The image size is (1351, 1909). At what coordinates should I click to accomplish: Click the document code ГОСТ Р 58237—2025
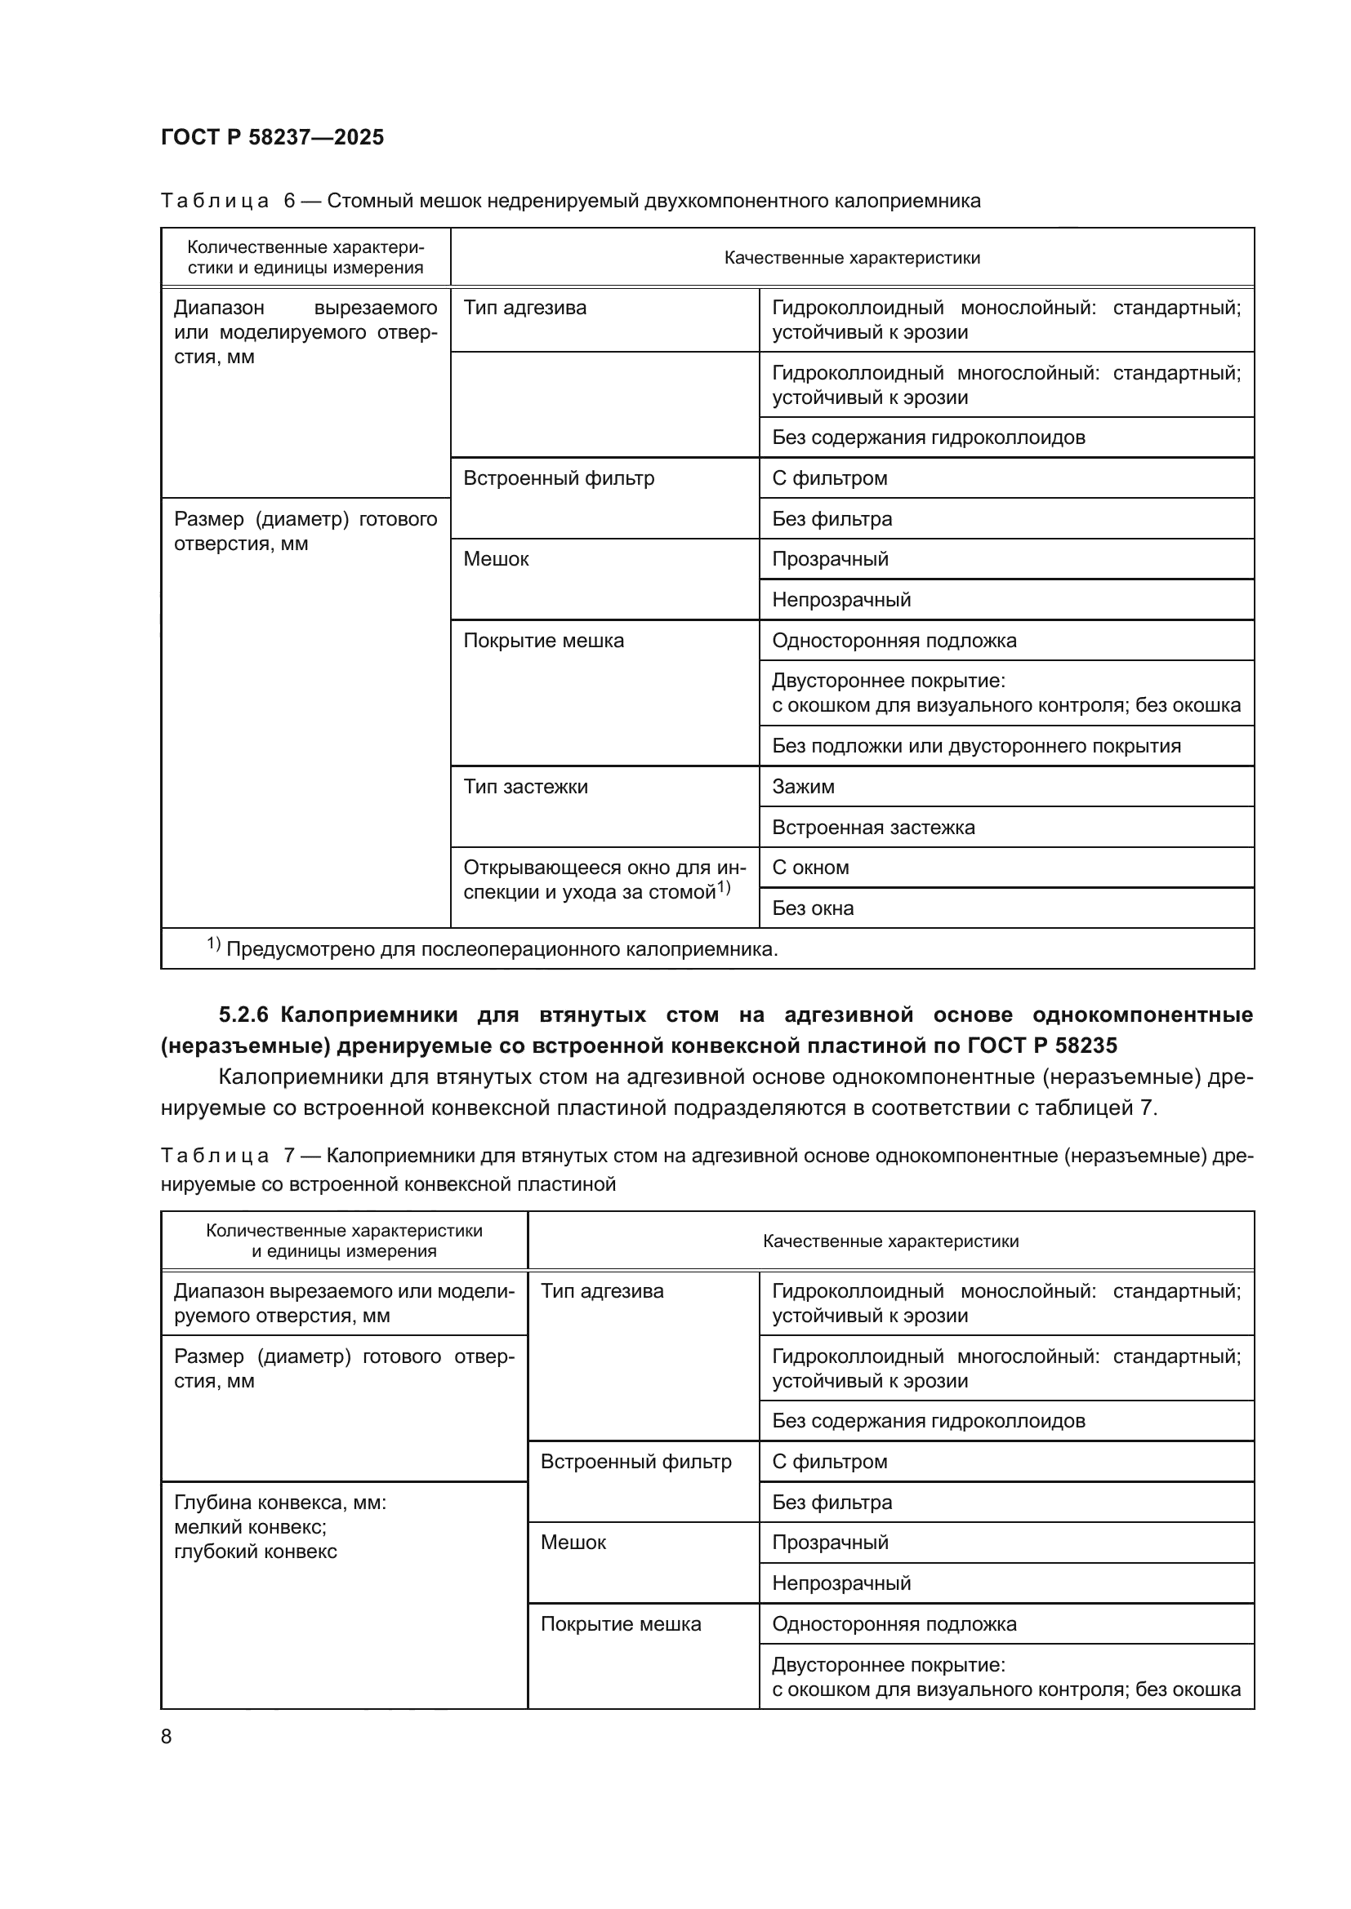pos(272,137)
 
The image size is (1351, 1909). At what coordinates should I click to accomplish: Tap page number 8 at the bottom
pos(167,1736)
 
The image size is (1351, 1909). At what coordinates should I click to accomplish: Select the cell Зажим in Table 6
pos(803,787)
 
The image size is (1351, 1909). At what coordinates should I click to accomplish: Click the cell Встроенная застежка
pos(872,828)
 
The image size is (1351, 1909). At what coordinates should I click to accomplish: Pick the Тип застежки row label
pos(525,787)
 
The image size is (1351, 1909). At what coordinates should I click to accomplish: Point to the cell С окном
pos(810,868)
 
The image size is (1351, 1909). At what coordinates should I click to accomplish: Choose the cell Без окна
pos(813,908)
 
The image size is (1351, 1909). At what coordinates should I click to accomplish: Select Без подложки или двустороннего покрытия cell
pos(976,746)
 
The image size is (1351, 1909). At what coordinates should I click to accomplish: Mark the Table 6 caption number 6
pos(289,201)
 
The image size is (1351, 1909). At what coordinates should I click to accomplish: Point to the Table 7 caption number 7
pos(289,1156)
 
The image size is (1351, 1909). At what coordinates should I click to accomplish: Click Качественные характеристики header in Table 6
pos(852,258)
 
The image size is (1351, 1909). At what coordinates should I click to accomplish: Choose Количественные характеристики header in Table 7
pos(344,1241)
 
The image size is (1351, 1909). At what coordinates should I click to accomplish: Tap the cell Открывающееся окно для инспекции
pos(604,880)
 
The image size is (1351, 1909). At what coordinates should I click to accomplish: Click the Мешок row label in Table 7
pos(573,1543)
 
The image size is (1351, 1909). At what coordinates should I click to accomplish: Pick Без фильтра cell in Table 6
pos(831,519)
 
